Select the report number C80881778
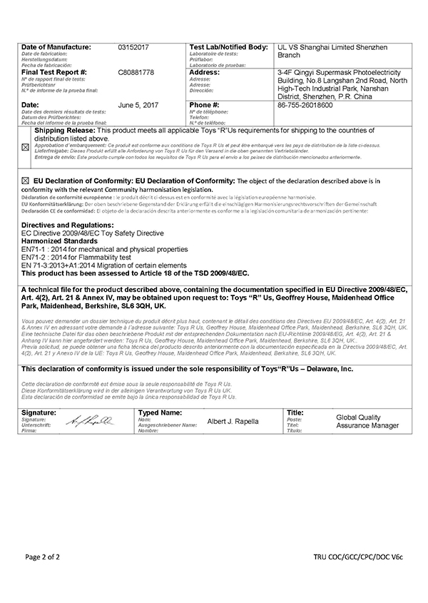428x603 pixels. click(136, 73)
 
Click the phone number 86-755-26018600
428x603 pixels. click(305, 105)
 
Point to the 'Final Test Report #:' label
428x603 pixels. click(54, 73)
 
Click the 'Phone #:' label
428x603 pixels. click(204, 105)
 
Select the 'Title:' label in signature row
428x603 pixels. click(295, 413)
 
